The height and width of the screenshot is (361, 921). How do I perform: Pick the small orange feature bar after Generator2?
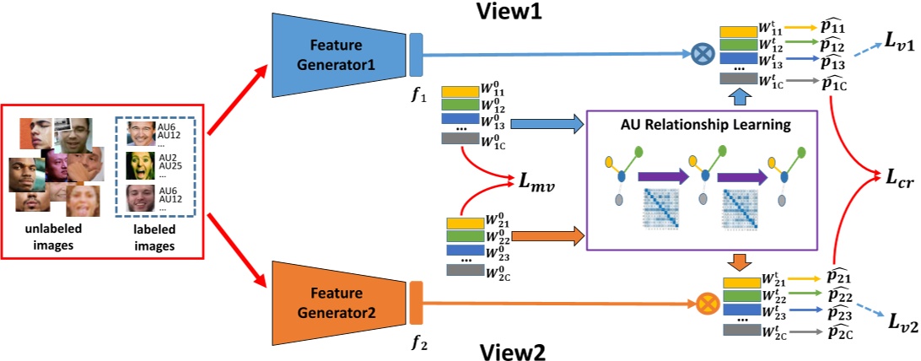tap(415, 301)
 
